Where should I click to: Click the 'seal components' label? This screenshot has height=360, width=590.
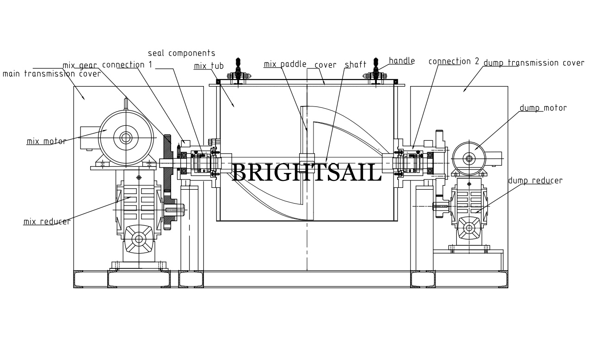[181, 53]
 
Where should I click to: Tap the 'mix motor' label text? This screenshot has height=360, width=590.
[46, 142]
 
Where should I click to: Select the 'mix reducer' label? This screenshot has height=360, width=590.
[47, 222]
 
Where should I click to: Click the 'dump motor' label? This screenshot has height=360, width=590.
[543, 108]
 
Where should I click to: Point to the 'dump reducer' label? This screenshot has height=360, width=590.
[535, 181]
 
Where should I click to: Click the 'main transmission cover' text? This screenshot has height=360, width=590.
[52, 74]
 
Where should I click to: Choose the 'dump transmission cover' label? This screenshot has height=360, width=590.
[534, 63]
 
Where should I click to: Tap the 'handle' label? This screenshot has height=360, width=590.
[402, 61]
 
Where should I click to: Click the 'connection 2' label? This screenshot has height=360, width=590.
[454, 62]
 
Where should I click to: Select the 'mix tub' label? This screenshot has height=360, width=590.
[209, 66]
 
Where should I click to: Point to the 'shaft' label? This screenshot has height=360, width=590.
[356, 65]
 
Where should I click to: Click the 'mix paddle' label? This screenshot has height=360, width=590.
[285, 64]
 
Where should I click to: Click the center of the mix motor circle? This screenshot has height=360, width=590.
[126, 137]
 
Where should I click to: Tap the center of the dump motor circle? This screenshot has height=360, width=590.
[469, 159]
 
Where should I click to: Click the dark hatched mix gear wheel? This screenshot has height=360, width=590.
[167, 182]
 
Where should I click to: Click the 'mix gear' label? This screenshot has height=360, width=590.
[80, 66]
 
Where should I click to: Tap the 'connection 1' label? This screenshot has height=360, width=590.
[127, 65]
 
